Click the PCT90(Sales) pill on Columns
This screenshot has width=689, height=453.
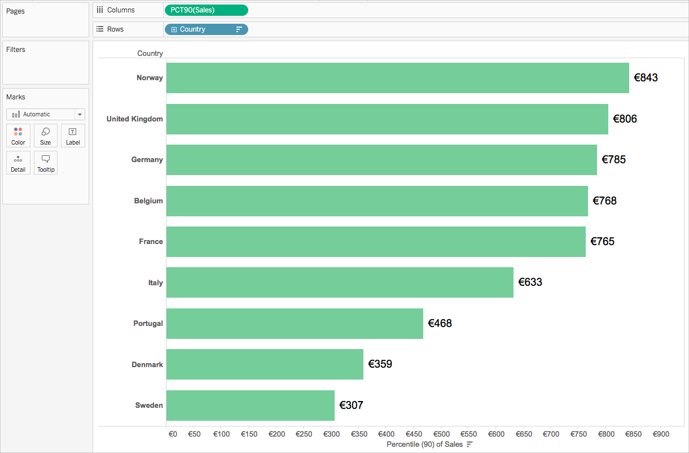click(207, 10)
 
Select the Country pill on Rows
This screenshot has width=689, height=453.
click(207, 29)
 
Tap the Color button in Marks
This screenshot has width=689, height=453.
click(18, 136)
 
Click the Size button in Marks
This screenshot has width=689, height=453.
click(46, 136)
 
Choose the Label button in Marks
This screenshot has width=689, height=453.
click(73, 136)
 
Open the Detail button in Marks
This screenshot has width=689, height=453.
click(18, 163)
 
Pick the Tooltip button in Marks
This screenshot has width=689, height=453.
click(46, 163)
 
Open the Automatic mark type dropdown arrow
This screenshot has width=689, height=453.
click(80, 115)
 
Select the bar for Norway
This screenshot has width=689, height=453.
click(398, 78)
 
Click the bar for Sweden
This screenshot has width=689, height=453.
click(251, 406)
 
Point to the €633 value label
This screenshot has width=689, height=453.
click(530, 282)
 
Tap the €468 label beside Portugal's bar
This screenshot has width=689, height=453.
click(440, 323)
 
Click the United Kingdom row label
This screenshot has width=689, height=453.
click(134, 119)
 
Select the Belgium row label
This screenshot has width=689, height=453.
click(148, 201)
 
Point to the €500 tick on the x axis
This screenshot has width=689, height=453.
click(441, 434)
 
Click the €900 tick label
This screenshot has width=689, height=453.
click(661, 434)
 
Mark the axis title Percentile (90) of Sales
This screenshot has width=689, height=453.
click(424, 445)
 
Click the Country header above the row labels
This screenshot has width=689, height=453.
click(150, 54)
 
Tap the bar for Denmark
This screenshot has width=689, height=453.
click(265, 364)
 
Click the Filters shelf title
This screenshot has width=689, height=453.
click(16, 50)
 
